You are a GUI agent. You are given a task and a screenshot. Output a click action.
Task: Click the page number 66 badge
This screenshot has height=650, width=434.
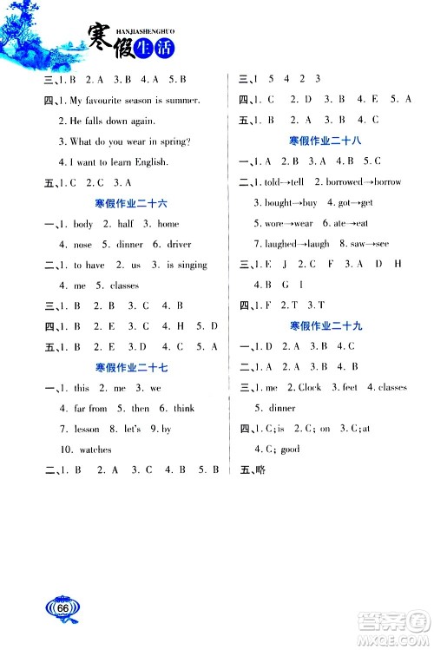pyautogui.click(x=63, y=608)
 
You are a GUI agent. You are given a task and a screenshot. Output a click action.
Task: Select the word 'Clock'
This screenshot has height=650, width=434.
pyautogui.click(x=310, y=387)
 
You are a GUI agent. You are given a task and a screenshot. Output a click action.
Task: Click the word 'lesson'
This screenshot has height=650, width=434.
pyautogui.click(x=86, y=429)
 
